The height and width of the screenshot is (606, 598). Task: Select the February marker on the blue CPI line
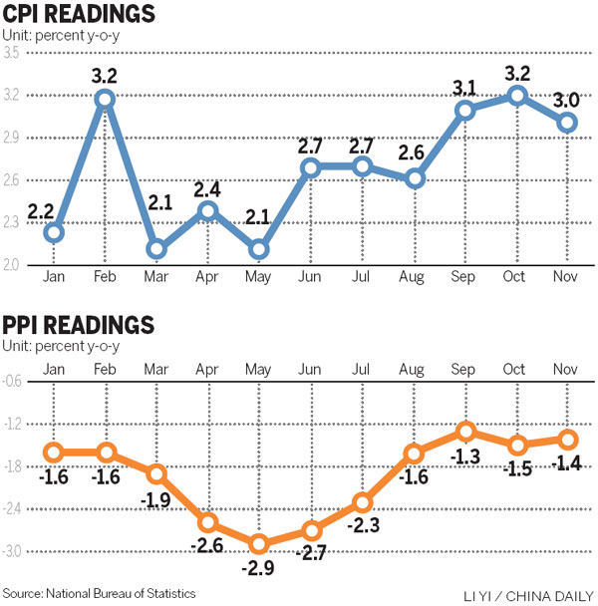point(105,98)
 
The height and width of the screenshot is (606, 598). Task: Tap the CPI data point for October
point(517,96)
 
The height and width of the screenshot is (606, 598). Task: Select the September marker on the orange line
point(464,432)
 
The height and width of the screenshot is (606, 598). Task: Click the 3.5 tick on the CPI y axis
point(13,53)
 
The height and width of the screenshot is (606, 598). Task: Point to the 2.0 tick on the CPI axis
point(13,264)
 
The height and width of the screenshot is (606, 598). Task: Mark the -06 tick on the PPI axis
point(13,382)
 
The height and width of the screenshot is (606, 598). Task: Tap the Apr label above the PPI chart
point(208,369)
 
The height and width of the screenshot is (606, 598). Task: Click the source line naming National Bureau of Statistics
point(99,593)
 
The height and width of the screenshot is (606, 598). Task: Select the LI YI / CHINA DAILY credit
point(527,595)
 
